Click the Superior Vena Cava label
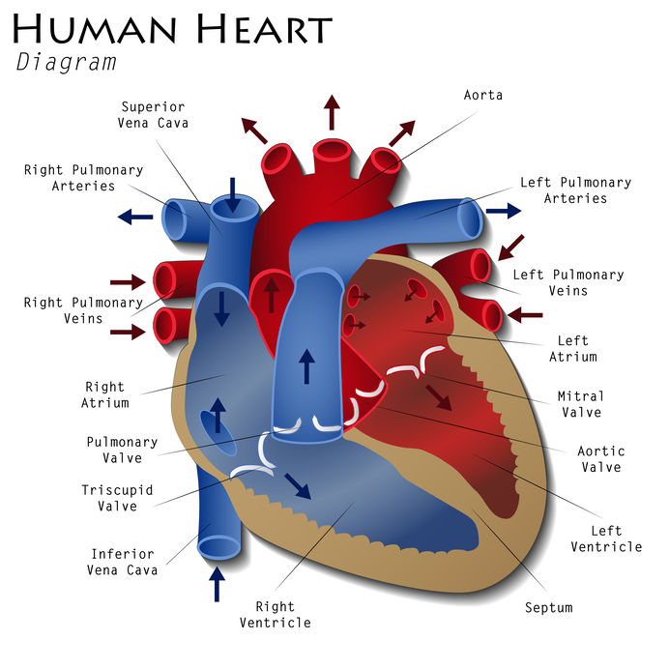tap(152, 115)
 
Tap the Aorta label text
tap(483, 96)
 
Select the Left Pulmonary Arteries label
tap(575, 190)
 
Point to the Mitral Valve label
tap(580, 404)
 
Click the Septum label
tap(548, 608)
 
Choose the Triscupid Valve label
tap(117, 498)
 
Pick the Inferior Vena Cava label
tap(122, 562)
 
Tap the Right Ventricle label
tap(276, 615)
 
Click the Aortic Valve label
tap(600, 458)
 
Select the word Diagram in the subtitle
tap(66, 64)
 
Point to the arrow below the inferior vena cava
tap(217, 583)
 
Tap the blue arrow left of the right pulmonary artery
tap(135, 217)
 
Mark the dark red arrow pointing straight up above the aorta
tap(332, 112)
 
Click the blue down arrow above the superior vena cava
tap(232, 188)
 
